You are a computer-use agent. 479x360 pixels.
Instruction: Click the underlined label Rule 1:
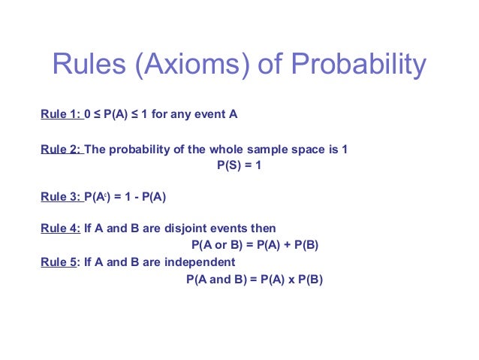[x=60, y=115]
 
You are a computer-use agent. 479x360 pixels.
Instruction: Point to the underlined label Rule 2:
[x=61, y=150]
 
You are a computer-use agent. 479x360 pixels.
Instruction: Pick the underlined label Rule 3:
[x=60, y=198]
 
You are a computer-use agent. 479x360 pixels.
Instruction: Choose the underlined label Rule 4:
[x=60, y=228]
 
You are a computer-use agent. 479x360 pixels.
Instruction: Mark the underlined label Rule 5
[x=59, y=262]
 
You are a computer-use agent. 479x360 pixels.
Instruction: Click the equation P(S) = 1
[x=239, y=166]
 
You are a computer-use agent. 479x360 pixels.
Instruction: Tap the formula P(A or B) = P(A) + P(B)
[x=261, y=245]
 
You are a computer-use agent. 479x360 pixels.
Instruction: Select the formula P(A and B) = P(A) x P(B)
[x=254, y=279]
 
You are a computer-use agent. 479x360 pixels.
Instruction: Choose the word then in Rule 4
[x=264, y=228]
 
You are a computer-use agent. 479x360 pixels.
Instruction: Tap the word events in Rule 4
[x=233, y=228]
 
